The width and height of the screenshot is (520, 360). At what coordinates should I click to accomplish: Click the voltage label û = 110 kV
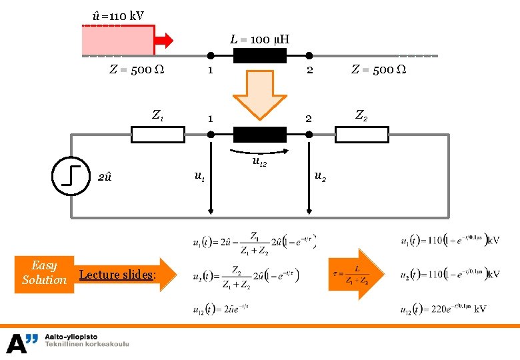pyautogui.click(x=118, y=15)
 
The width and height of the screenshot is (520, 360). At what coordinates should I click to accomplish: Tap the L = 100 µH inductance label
pyautogui.click(x=259, y=39)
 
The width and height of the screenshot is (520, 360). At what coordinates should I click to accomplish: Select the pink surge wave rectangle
pyautogui.click(x=118, y=40)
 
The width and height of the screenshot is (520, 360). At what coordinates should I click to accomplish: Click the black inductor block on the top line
pyautogui.click(x=259, y=55)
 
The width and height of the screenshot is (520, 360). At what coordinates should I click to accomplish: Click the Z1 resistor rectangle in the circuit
pyautogui.click(x=158, y=135)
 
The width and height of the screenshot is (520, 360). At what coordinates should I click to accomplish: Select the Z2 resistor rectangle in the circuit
pyautogui.click(x=361, y=135)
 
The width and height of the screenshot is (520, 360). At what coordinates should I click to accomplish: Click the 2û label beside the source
pyautogui.click(x=105, y=177)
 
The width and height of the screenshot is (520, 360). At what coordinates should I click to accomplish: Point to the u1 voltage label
pyautogui.click(x=199, y=176)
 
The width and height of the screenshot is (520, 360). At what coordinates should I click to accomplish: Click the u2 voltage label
pyautogui.click(x=320, y=176)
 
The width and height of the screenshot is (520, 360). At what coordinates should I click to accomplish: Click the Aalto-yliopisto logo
pyautogui.click(x=67, y=342)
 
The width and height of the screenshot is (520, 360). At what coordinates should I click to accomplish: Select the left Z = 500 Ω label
pyautogui.click(x=137, y=69)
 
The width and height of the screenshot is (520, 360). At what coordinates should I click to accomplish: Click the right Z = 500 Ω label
pyautogui.click(x=379, y=69)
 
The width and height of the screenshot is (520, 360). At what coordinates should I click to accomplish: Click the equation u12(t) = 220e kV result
pyautogui.click(x=443, y=309)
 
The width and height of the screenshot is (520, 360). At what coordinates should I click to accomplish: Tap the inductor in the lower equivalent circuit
pyautogui.click(x=259, y=135)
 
